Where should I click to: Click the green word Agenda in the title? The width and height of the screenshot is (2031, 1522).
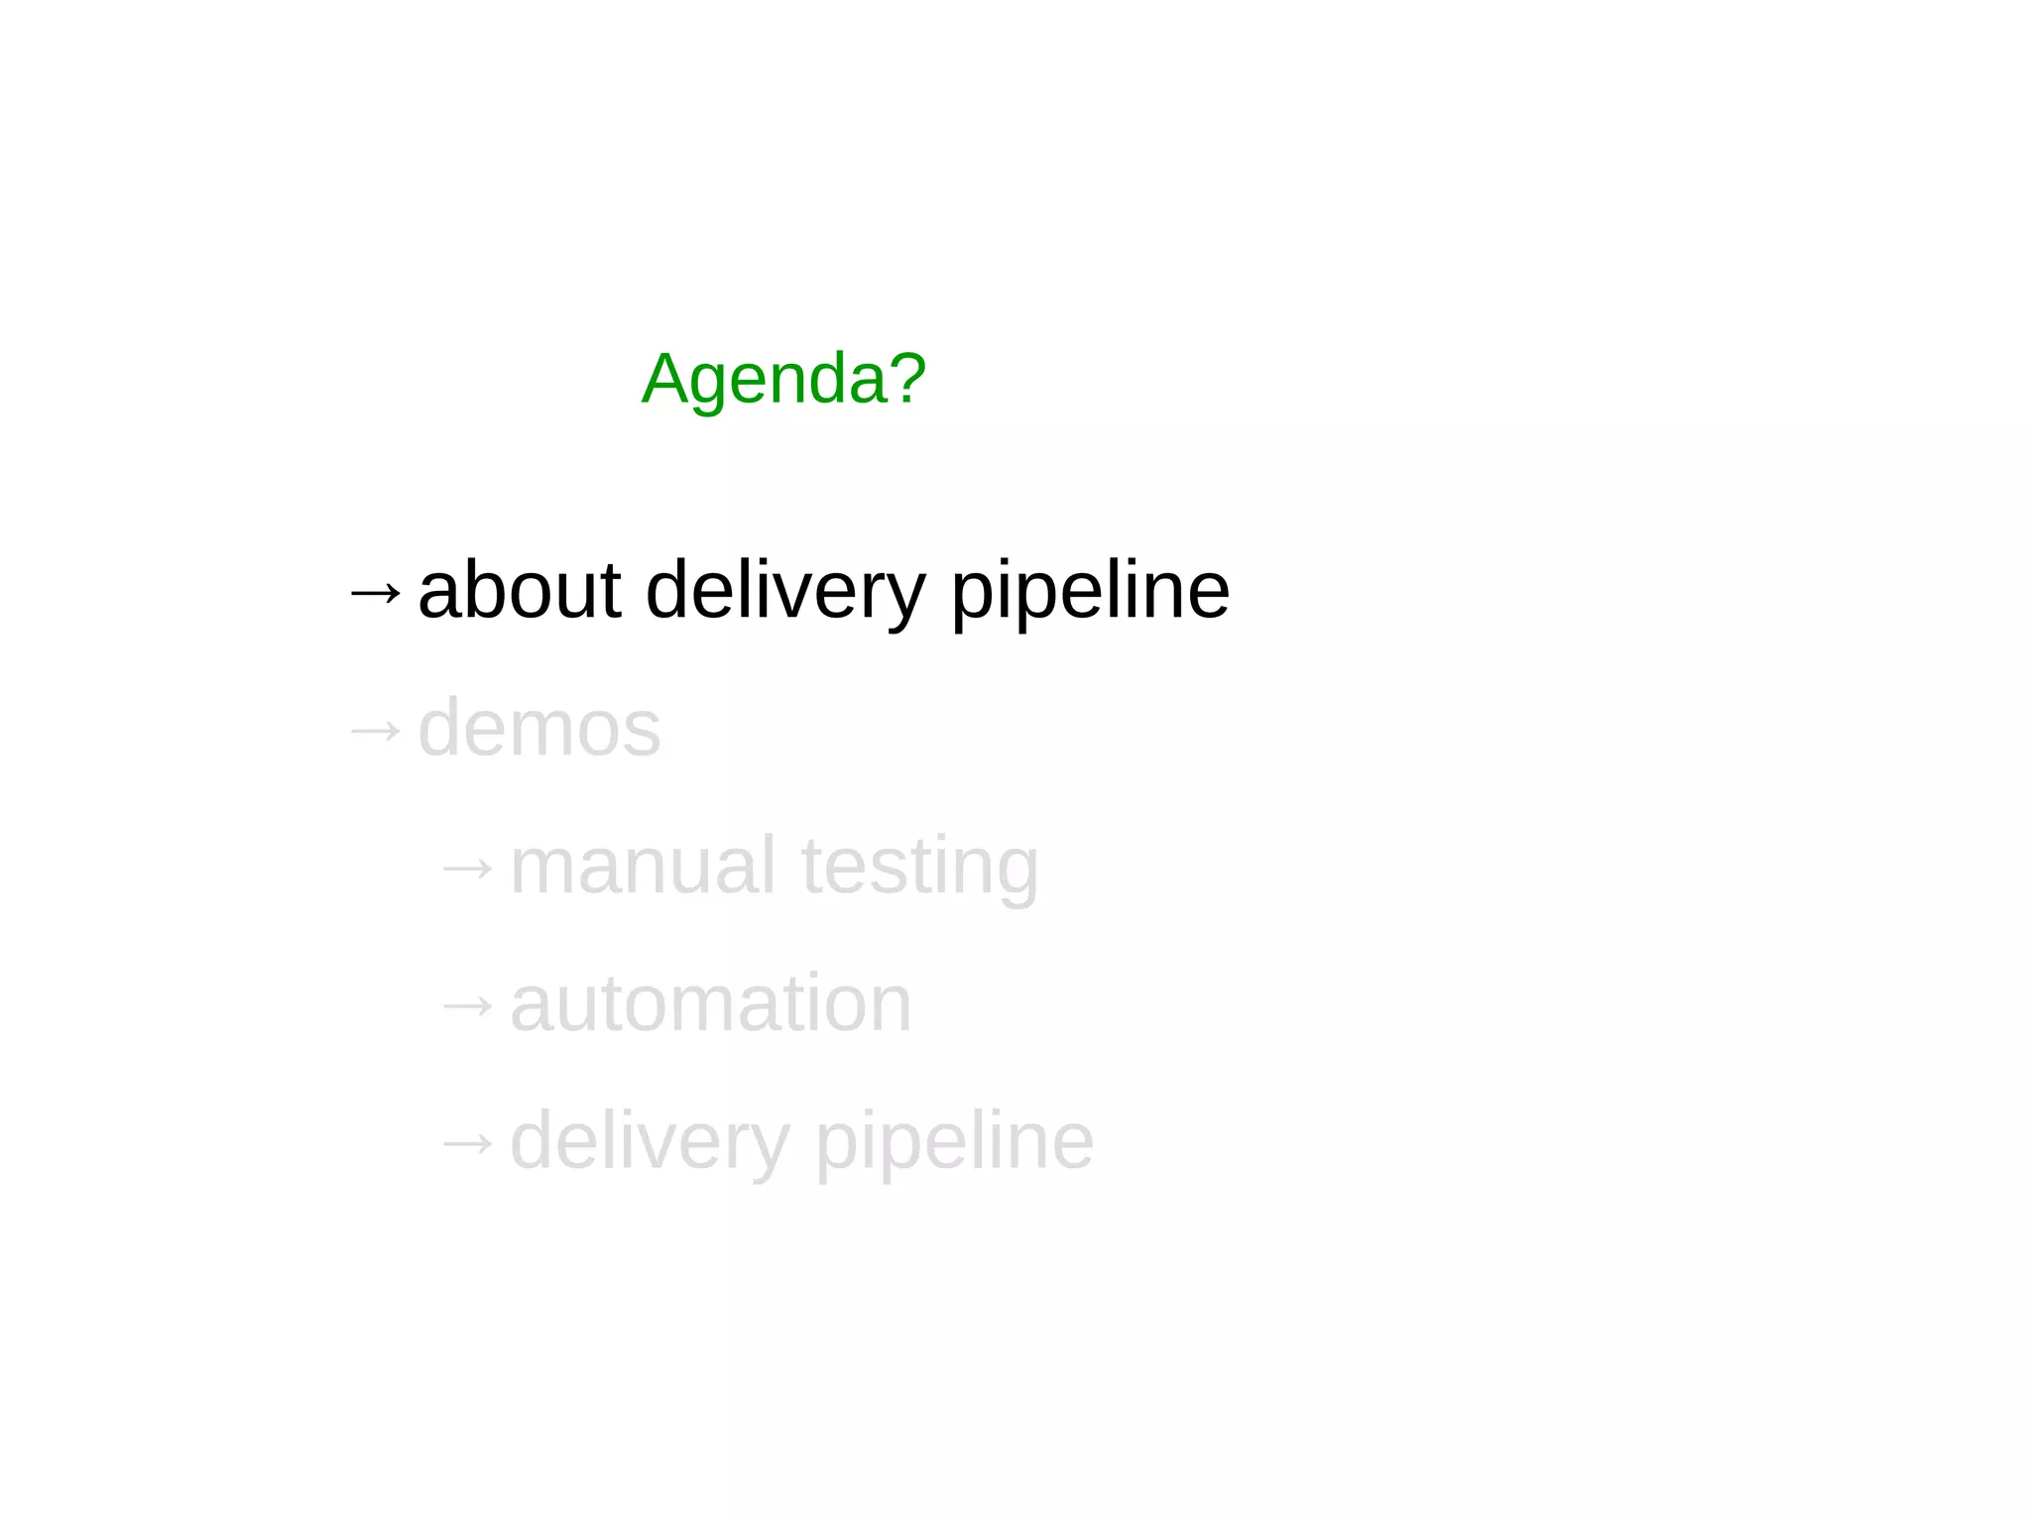(765, 379)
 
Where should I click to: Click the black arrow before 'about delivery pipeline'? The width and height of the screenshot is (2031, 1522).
(376, 593)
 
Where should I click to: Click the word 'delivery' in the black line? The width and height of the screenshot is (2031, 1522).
(784, 592)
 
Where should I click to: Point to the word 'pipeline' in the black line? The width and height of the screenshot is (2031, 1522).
(1090, 592)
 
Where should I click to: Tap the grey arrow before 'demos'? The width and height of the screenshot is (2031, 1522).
(376, 732)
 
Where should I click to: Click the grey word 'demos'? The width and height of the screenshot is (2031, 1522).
(539, 729)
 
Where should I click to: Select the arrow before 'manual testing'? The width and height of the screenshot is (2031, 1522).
(467, 869)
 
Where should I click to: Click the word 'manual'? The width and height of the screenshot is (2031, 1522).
(642, 866)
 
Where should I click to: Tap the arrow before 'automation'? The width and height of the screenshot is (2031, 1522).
(467, 1006)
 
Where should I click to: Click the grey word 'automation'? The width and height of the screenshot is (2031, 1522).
(710, 1003)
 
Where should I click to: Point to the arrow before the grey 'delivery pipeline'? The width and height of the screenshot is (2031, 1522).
(467, 1144)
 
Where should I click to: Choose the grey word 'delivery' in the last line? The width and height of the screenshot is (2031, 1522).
(650, 1142)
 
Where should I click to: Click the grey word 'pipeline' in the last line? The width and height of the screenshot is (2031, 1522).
(954, 1142)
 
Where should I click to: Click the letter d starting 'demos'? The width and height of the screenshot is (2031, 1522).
(438, 728)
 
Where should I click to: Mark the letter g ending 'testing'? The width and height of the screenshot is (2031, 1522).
(1015, 872)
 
